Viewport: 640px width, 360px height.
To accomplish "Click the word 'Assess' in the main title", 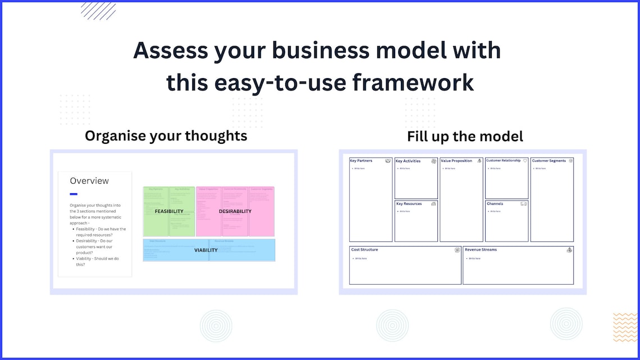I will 170,51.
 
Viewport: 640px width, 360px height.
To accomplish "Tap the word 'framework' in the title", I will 413,83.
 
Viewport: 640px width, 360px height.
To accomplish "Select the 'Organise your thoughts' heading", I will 166,136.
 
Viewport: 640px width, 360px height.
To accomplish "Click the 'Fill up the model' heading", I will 465,136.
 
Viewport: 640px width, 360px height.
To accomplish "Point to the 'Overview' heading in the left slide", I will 89,181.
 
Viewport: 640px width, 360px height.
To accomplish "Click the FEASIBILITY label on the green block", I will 169,212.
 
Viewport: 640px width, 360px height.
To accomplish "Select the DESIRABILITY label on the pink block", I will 235,212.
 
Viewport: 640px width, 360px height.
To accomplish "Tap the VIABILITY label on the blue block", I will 205,250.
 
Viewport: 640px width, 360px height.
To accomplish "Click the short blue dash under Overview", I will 74,194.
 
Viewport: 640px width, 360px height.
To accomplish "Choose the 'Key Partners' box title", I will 361,161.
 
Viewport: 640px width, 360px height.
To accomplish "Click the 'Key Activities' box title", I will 408,161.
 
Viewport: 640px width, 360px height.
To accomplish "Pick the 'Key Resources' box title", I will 408,204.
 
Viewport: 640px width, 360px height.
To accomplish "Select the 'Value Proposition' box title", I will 456,161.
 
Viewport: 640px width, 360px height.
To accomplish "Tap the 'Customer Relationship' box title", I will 503,161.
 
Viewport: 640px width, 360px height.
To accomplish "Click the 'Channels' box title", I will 495,204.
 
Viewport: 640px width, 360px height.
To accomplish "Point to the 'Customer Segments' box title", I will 548,161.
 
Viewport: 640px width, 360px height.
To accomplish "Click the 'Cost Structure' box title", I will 364,250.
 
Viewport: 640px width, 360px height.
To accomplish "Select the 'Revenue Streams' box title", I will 481,250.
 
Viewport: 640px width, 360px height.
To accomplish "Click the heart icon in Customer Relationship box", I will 525,161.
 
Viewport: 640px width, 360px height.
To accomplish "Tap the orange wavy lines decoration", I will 625,327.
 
